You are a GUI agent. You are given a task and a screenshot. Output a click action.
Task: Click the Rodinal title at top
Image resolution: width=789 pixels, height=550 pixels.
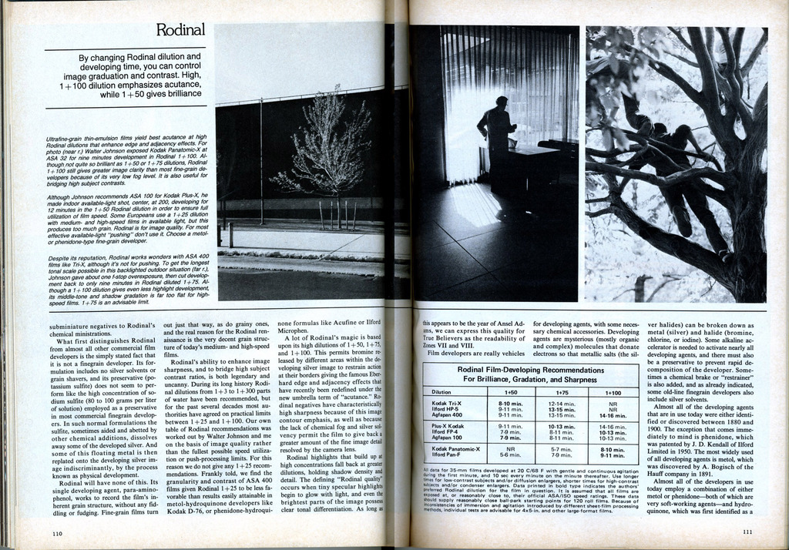point(180,30)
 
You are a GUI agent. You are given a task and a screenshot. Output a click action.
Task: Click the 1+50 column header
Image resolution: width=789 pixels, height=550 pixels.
point(511,391)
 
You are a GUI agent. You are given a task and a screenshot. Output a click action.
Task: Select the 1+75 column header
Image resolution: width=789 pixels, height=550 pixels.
point(562,391)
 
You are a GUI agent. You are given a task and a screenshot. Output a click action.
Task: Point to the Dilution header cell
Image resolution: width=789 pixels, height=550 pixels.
point(442,391)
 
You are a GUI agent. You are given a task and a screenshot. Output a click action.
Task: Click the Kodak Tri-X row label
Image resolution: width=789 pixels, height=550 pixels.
point(447,403)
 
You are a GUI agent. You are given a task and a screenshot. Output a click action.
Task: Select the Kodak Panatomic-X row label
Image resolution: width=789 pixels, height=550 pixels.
point(455,448)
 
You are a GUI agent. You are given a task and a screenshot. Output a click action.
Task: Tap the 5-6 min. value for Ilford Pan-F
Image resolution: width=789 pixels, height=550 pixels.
point(510,454)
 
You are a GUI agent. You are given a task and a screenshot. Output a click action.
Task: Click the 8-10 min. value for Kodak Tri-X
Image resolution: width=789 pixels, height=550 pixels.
point(511,403)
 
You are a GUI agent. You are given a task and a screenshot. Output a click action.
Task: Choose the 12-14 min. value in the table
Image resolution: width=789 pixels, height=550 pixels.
point(562,403)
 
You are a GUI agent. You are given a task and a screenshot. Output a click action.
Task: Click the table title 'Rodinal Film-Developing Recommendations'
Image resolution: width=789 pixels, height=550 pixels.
point(530,370)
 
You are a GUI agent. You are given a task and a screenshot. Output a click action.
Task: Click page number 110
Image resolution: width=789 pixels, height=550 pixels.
point(57,532)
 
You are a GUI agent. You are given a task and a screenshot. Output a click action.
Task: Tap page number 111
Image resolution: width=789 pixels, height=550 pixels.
point(747,532)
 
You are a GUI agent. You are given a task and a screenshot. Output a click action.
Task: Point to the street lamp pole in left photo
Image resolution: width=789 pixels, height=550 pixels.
point(262,162)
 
